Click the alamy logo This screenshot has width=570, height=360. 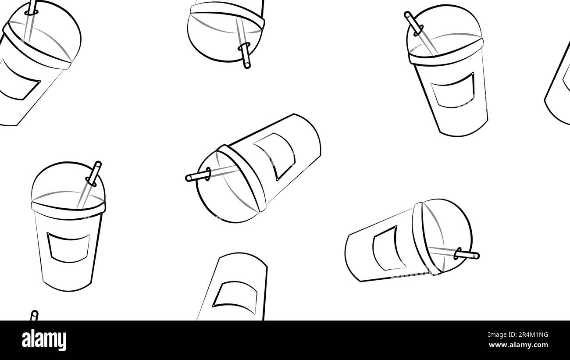pos(44,340)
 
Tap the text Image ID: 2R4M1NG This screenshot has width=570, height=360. pos(518,335)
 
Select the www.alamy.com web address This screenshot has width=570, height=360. pos(518,345)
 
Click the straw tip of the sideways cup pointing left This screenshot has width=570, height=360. pos(188,178)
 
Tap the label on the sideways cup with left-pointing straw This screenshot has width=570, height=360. pos(275,156)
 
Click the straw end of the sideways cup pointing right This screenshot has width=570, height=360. pos(476,256)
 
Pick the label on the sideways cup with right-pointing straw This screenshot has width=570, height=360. pos(389,248)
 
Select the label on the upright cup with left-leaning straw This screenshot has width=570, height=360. pos(452,90)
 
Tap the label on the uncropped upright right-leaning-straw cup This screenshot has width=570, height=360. pos(68,247)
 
